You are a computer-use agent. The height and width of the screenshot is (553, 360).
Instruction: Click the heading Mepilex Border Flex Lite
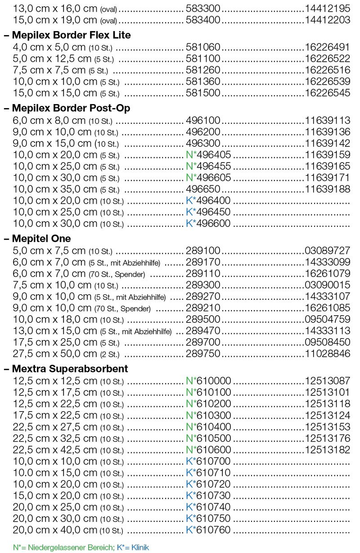[70, 35]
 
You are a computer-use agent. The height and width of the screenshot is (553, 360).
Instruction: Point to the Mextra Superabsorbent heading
[69, 369]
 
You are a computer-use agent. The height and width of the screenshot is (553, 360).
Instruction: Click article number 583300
[203, 8]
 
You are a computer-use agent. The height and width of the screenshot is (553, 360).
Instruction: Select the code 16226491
[327, 47]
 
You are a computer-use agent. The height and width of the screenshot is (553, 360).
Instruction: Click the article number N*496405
[208, 155]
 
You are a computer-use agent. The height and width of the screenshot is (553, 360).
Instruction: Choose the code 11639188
[327, 189]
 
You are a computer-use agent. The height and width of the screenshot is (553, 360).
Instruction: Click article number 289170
[203, 262]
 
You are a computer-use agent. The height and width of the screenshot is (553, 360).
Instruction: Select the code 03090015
[327, 285]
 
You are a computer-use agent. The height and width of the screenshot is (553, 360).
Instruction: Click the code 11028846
[327, 354]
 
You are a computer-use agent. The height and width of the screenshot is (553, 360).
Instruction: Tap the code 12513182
[327, 450]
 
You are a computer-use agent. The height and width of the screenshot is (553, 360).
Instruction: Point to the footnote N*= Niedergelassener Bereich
[63, 548]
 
